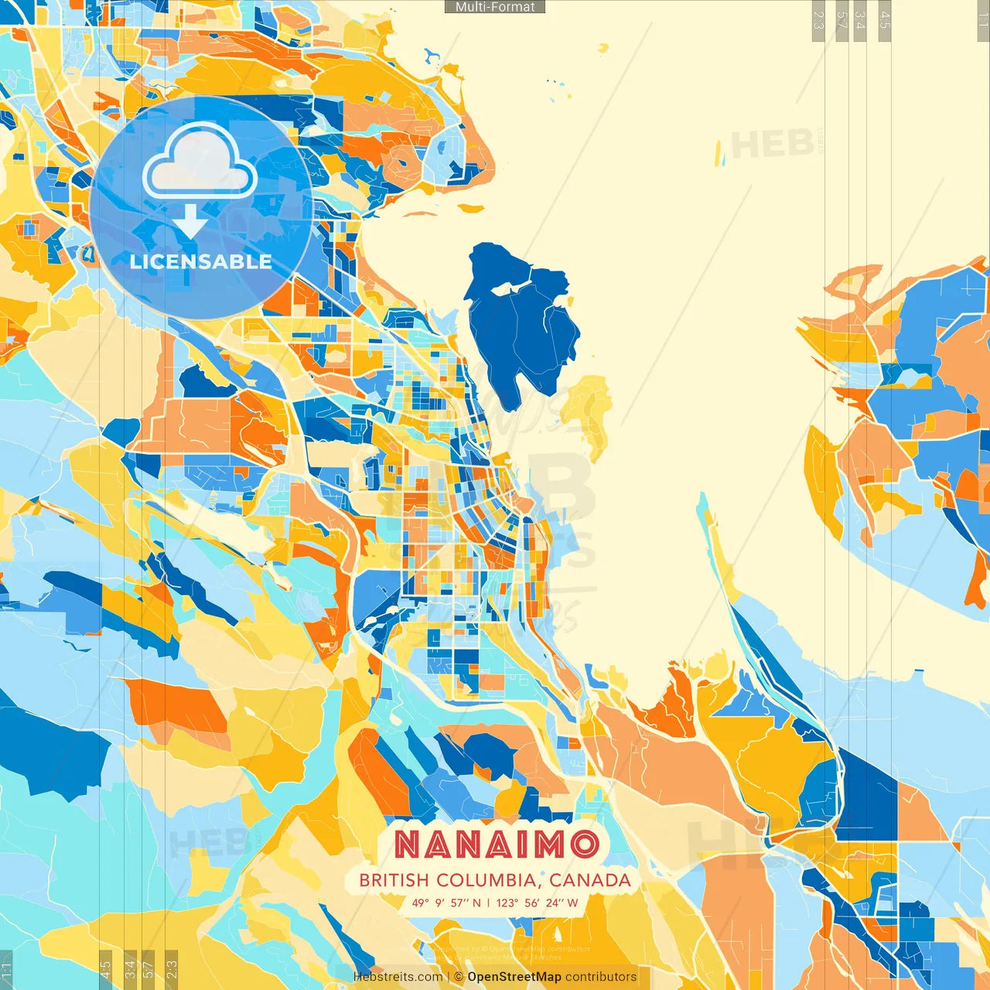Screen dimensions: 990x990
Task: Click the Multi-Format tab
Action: point(495,7)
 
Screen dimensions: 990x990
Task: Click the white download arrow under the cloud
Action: point(189,221)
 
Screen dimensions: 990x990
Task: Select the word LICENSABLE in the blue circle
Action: point(200,261)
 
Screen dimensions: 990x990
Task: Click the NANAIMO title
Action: point(497,845)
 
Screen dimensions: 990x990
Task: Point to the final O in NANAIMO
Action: point(584,845)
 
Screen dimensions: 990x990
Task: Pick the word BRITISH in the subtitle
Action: point(394,880)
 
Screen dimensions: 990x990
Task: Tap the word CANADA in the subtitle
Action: point(590,880)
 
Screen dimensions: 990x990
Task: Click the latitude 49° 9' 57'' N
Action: point(446,903)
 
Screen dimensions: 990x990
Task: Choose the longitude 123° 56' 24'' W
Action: point(537,903)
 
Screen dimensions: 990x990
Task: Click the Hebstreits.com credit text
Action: point(398,977)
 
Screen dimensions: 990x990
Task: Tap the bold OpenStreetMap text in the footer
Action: point(514,977)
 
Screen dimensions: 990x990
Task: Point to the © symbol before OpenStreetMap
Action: point(459,977)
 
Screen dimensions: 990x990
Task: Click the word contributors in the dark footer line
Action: point(601,977)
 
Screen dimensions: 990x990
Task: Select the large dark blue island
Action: point(518,333)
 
